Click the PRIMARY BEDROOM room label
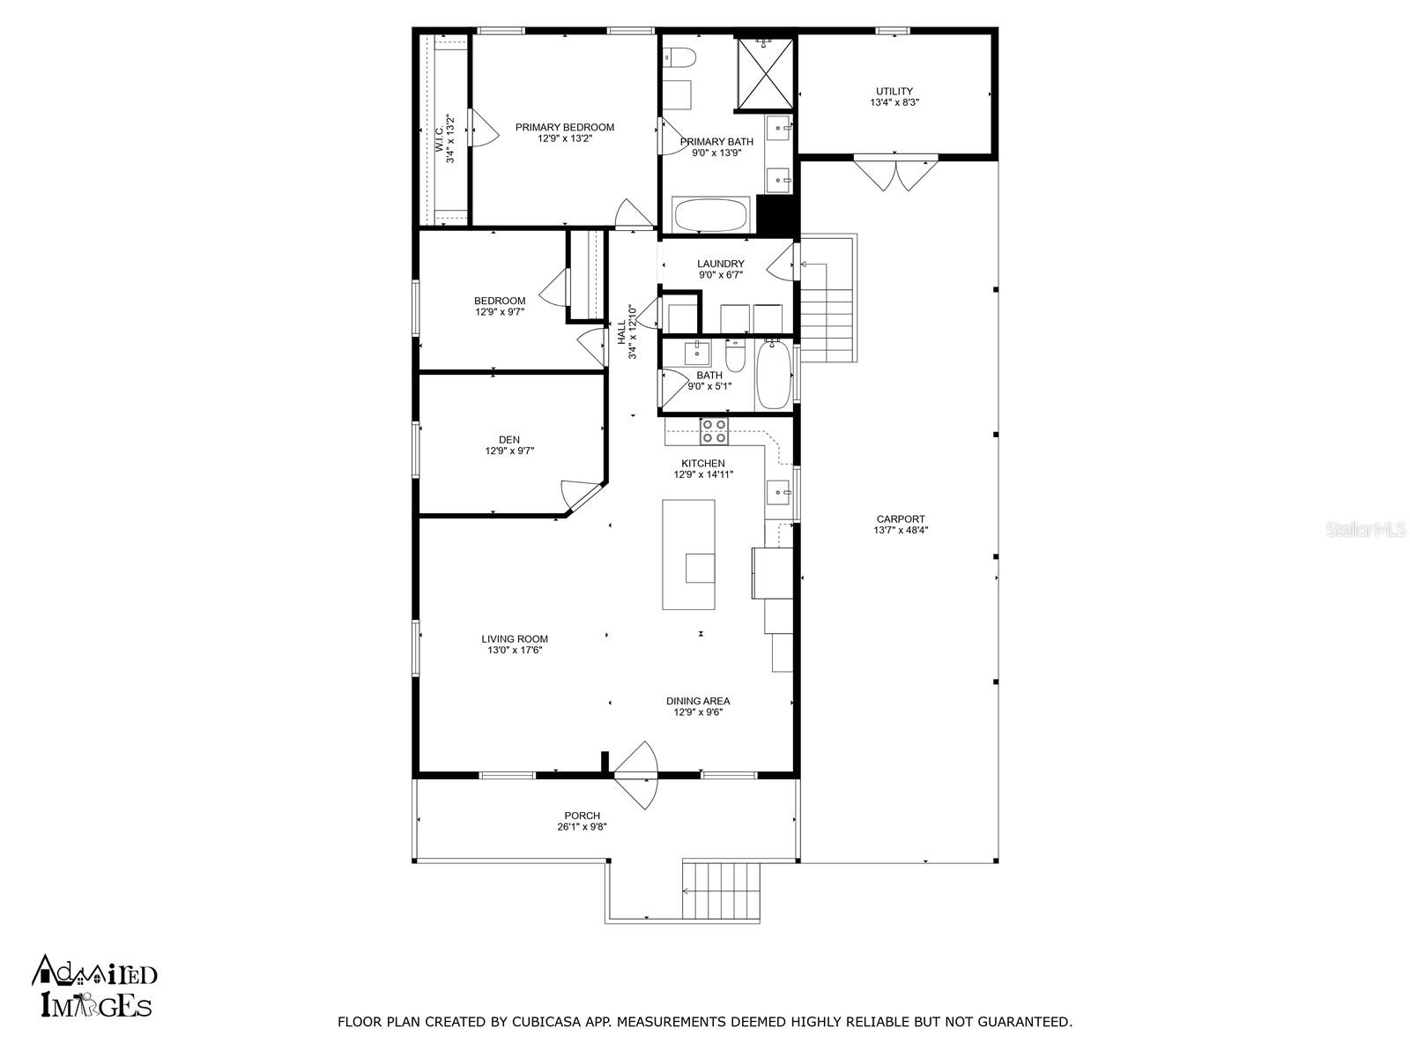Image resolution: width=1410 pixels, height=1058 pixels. pos(565,127)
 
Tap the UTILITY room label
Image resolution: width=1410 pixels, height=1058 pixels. pos(894,91)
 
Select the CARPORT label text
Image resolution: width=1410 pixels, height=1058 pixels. pos(901,519)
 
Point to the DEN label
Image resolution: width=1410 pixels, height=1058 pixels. pos(509,440)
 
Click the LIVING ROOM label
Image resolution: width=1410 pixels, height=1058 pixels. pos(515,639)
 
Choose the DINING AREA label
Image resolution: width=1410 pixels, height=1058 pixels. pos(698,701)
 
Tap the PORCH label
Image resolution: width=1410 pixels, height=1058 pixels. pos(582,816)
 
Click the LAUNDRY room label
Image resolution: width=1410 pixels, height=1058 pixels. pos(721,264)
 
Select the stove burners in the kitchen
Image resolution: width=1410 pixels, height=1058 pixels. pos(714,431)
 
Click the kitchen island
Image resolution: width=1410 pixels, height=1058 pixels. pos(688,555)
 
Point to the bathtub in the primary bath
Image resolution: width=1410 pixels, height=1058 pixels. pos(710,214)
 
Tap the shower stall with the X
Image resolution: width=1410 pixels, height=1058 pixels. pos(764,73)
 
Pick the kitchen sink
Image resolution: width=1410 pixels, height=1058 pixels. pos(778,493)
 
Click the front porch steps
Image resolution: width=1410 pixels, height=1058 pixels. pos(721,891)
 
